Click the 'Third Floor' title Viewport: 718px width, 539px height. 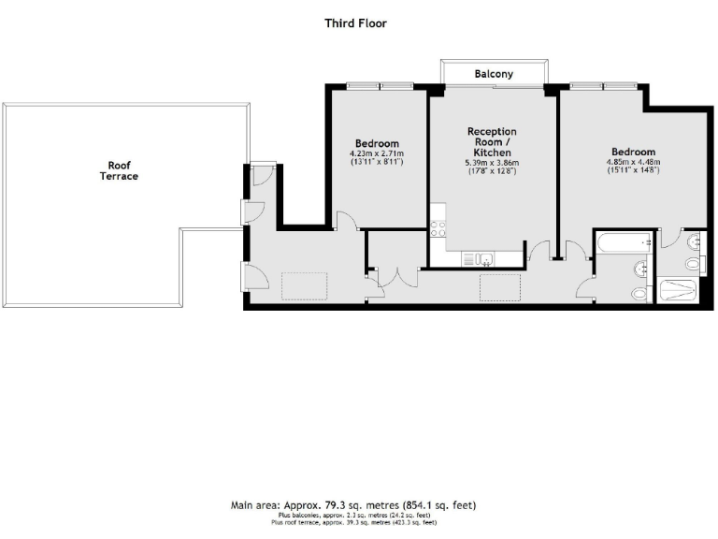pos(355,23)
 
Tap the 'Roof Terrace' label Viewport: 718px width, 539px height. pos(119,170)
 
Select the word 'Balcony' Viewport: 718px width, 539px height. pos(494,73)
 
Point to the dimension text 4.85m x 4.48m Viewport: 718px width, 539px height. pos(633,161)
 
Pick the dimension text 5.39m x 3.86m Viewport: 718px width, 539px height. pos(492,163)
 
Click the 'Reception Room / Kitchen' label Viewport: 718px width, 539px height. pos(492,141)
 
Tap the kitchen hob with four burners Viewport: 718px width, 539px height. pos(437,230)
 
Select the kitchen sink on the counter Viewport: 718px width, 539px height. pos(481,257)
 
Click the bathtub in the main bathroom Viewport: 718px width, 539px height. pos(622,244)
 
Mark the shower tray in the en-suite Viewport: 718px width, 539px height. pos(679,290)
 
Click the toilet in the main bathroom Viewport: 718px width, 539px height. pos(639,293)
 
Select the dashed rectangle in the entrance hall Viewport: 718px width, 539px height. pos(304,284)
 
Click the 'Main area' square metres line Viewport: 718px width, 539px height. pos(353,505)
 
